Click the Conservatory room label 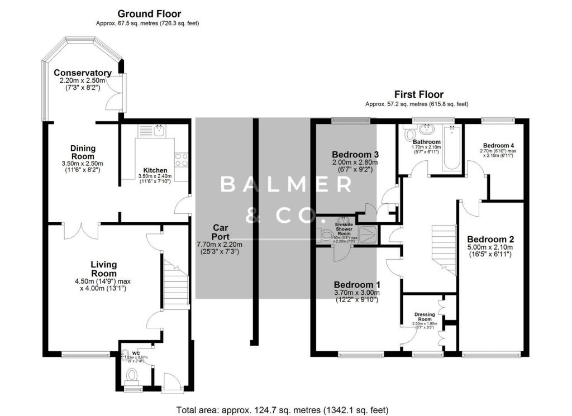pyautogui.click(x=83, y=73)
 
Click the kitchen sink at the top pyautogui.click(x=158, y=131)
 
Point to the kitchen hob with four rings pyautogui.click(x=182, y=160)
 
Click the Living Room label pyautogui.click(x=104, y=269)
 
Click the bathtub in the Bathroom pyautogui.click(x=450, y=149)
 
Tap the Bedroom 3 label pyautogui.click(x=355, y=155)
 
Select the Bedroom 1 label pyautogui.click(x=356, y=284)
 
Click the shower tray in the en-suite pyautogui.click(x=368, y=235)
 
